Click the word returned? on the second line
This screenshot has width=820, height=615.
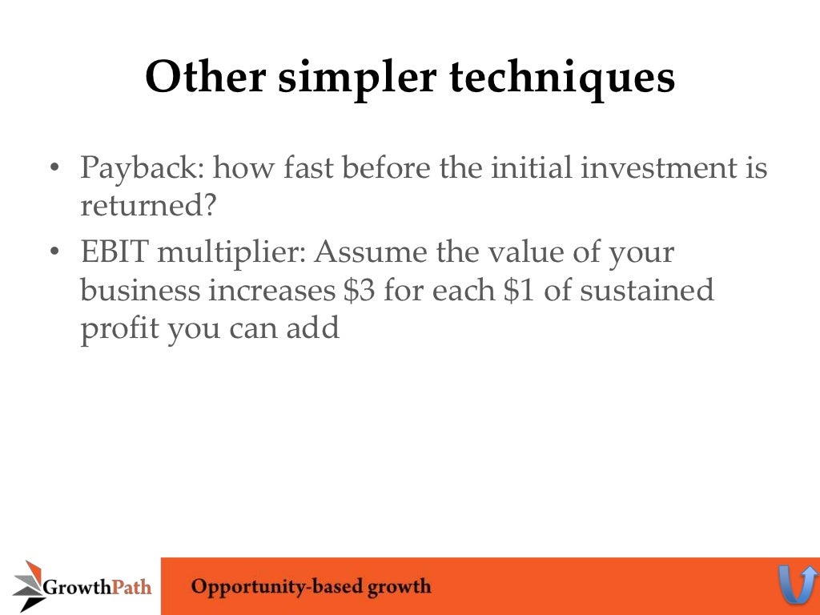(148, 207)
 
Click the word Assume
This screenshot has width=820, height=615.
(370, 252)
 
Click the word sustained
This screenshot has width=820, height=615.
(646, 290)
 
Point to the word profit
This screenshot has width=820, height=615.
(119, 329)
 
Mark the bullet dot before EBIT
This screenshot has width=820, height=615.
(54, 253)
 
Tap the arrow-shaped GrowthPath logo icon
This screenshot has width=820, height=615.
(28, 585)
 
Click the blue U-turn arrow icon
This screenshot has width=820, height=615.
(798, 585)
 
